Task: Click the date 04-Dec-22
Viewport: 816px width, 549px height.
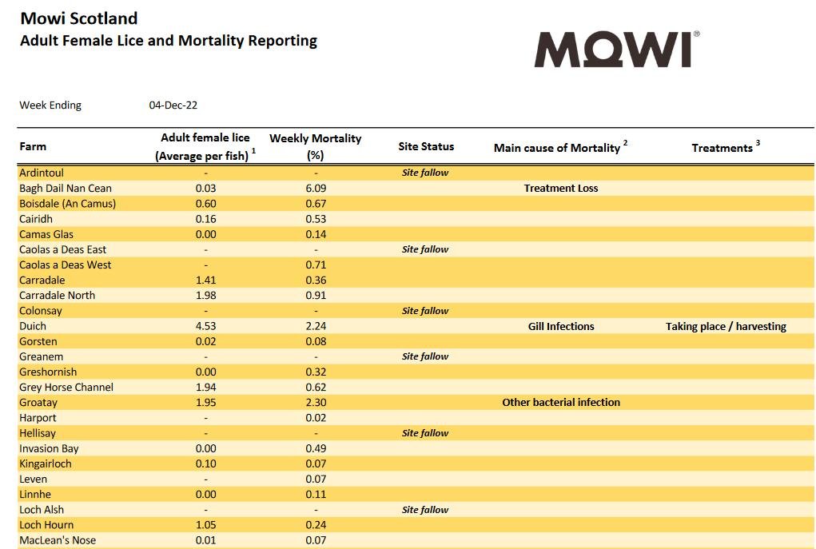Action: pos(173,105)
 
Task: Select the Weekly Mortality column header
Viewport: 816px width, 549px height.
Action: pos(315,146)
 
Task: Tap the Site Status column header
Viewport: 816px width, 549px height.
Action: pos(426,146)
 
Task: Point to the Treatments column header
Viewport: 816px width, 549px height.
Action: pos(722,147)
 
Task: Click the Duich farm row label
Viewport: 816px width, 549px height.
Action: pos(33,326)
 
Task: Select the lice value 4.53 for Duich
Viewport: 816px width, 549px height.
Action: pos(205,326)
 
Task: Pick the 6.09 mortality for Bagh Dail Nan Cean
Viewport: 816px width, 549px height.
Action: pos(316,189)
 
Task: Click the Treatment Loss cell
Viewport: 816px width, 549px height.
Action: pos(561,189)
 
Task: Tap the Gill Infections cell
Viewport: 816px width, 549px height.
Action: pos(561,326)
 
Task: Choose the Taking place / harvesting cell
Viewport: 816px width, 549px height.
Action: pos(726,326)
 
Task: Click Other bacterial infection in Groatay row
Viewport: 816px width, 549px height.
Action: pos(561,403)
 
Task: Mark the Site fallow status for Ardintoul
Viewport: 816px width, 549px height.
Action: pos(425,173)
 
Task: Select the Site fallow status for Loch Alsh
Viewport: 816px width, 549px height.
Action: pos(425,510)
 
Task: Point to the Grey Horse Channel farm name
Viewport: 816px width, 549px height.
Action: pos(66,388)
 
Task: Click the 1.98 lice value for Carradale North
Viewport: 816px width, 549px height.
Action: pos(205,296)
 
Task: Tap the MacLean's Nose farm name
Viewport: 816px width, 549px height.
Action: pos(58,540)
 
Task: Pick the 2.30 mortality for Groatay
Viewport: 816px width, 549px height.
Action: pos(316,403)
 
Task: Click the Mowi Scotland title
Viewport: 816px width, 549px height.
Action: pos(78,18)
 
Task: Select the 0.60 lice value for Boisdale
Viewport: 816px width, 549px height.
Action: pos(205,204)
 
